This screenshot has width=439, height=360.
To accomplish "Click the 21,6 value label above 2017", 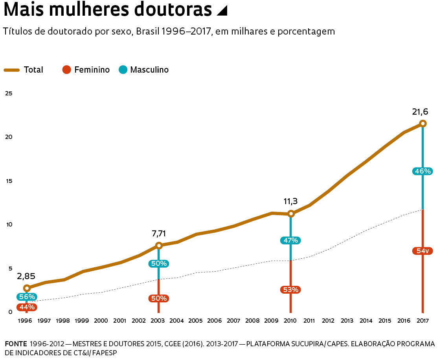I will point(420,112).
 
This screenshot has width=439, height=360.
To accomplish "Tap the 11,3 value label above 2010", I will point(290,201).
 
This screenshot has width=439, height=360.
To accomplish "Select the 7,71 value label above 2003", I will point(159,234).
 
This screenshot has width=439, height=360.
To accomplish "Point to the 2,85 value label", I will point(26,276).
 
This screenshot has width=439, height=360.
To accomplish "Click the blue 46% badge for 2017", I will point(422,171).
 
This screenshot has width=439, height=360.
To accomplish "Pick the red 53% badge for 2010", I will point(290,290).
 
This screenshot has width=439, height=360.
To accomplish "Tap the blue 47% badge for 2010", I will point(290,240).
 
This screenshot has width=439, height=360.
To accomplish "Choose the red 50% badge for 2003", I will point(159,298).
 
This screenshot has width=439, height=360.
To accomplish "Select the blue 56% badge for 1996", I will point(27,297).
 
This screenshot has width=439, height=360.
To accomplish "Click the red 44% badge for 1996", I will point(27,307).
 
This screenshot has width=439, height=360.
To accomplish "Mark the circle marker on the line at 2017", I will point(422,123).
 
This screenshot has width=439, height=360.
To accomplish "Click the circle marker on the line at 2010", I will point(291,214).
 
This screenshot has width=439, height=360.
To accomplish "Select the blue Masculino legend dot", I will point(123,70).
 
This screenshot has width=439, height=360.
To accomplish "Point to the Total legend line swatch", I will point(12,70).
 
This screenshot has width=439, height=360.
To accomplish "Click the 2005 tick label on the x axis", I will point(195,321).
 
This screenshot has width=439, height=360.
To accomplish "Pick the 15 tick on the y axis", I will point(8,181).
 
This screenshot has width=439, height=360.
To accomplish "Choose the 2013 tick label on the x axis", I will point(347,321).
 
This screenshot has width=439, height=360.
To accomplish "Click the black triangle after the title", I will point(222,11).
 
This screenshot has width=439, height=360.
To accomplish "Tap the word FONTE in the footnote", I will point(16,344).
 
